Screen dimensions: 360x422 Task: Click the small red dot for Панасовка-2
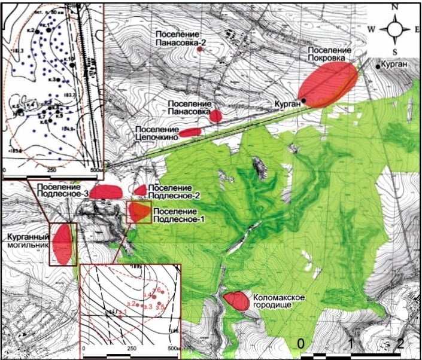200,50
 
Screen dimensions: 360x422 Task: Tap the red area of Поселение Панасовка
215,115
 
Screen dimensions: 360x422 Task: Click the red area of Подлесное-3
107,191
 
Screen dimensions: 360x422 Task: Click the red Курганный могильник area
62,243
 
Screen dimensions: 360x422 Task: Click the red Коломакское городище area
236,300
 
